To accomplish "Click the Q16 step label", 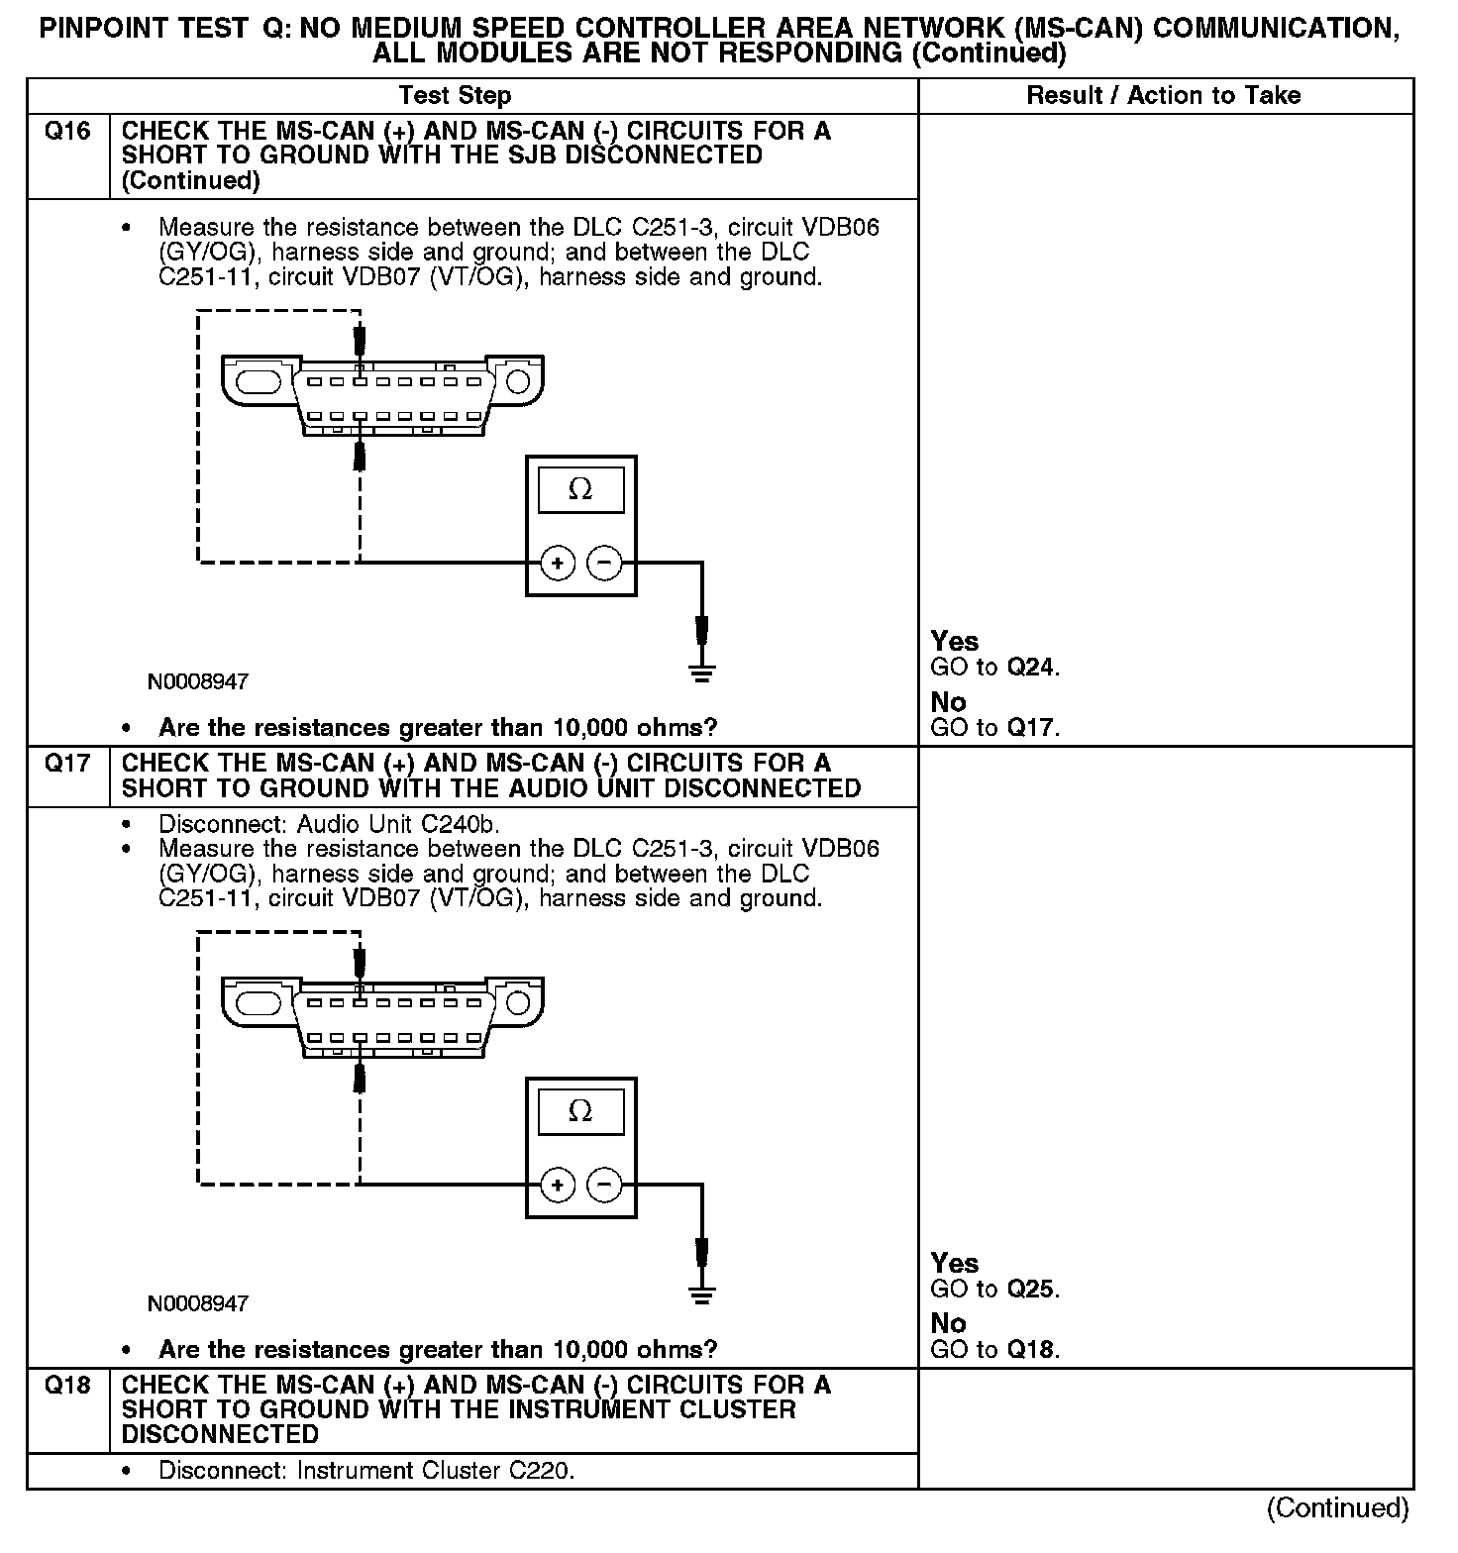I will click(x=67, y=132).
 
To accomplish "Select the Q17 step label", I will click(x=67, y=764).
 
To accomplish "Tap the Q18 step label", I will click(x=67, y=1386).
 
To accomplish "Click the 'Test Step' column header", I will click(x=455, y=96).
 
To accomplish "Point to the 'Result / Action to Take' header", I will click(x=1163, y=96).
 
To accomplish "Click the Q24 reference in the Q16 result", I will click(x=1031, y=668).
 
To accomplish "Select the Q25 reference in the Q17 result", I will click(x=1031, y=1290).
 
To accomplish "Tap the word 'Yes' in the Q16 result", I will click(x=955, y=642).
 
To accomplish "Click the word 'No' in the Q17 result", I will click(x=948, y=1323).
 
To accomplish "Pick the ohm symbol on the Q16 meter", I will click(x=580, y=490).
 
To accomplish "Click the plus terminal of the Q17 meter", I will click(x=558, y=1185).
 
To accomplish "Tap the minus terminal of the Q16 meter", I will click(x=604, y=564).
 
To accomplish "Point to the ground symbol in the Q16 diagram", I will click(x=701, y=673).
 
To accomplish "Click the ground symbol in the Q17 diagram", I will click(x=701, y=1294).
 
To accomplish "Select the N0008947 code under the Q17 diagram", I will click(x=198, y=1304).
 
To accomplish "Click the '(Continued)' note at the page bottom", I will click(x=1337, y=1508).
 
